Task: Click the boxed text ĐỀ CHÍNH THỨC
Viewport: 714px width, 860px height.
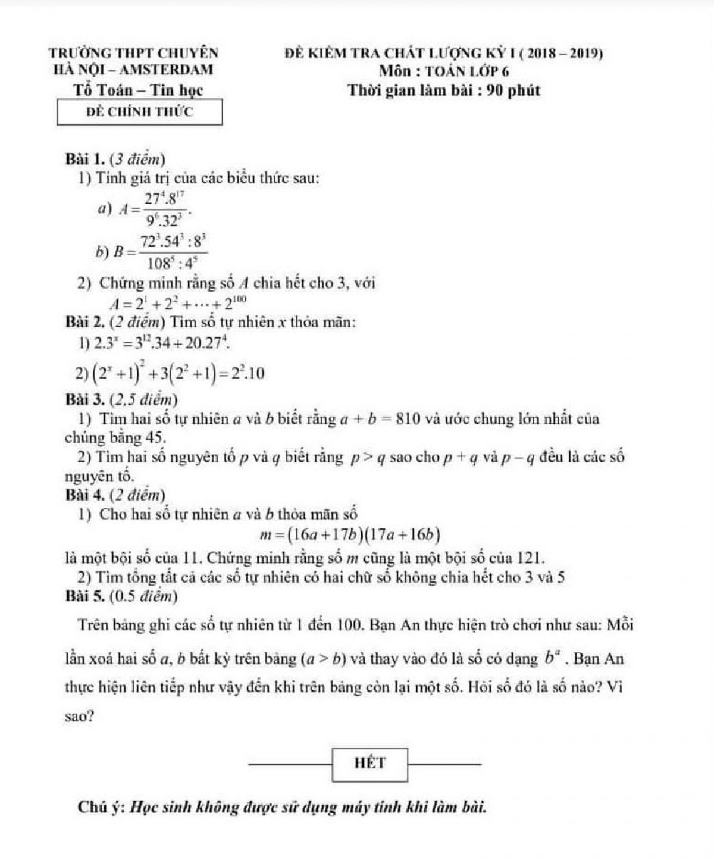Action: (140, 111)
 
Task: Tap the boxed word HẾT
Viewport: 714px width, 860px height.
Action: (370, 762)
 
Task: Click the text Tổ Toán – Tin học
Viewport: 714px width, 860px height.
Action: (138, 91)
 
